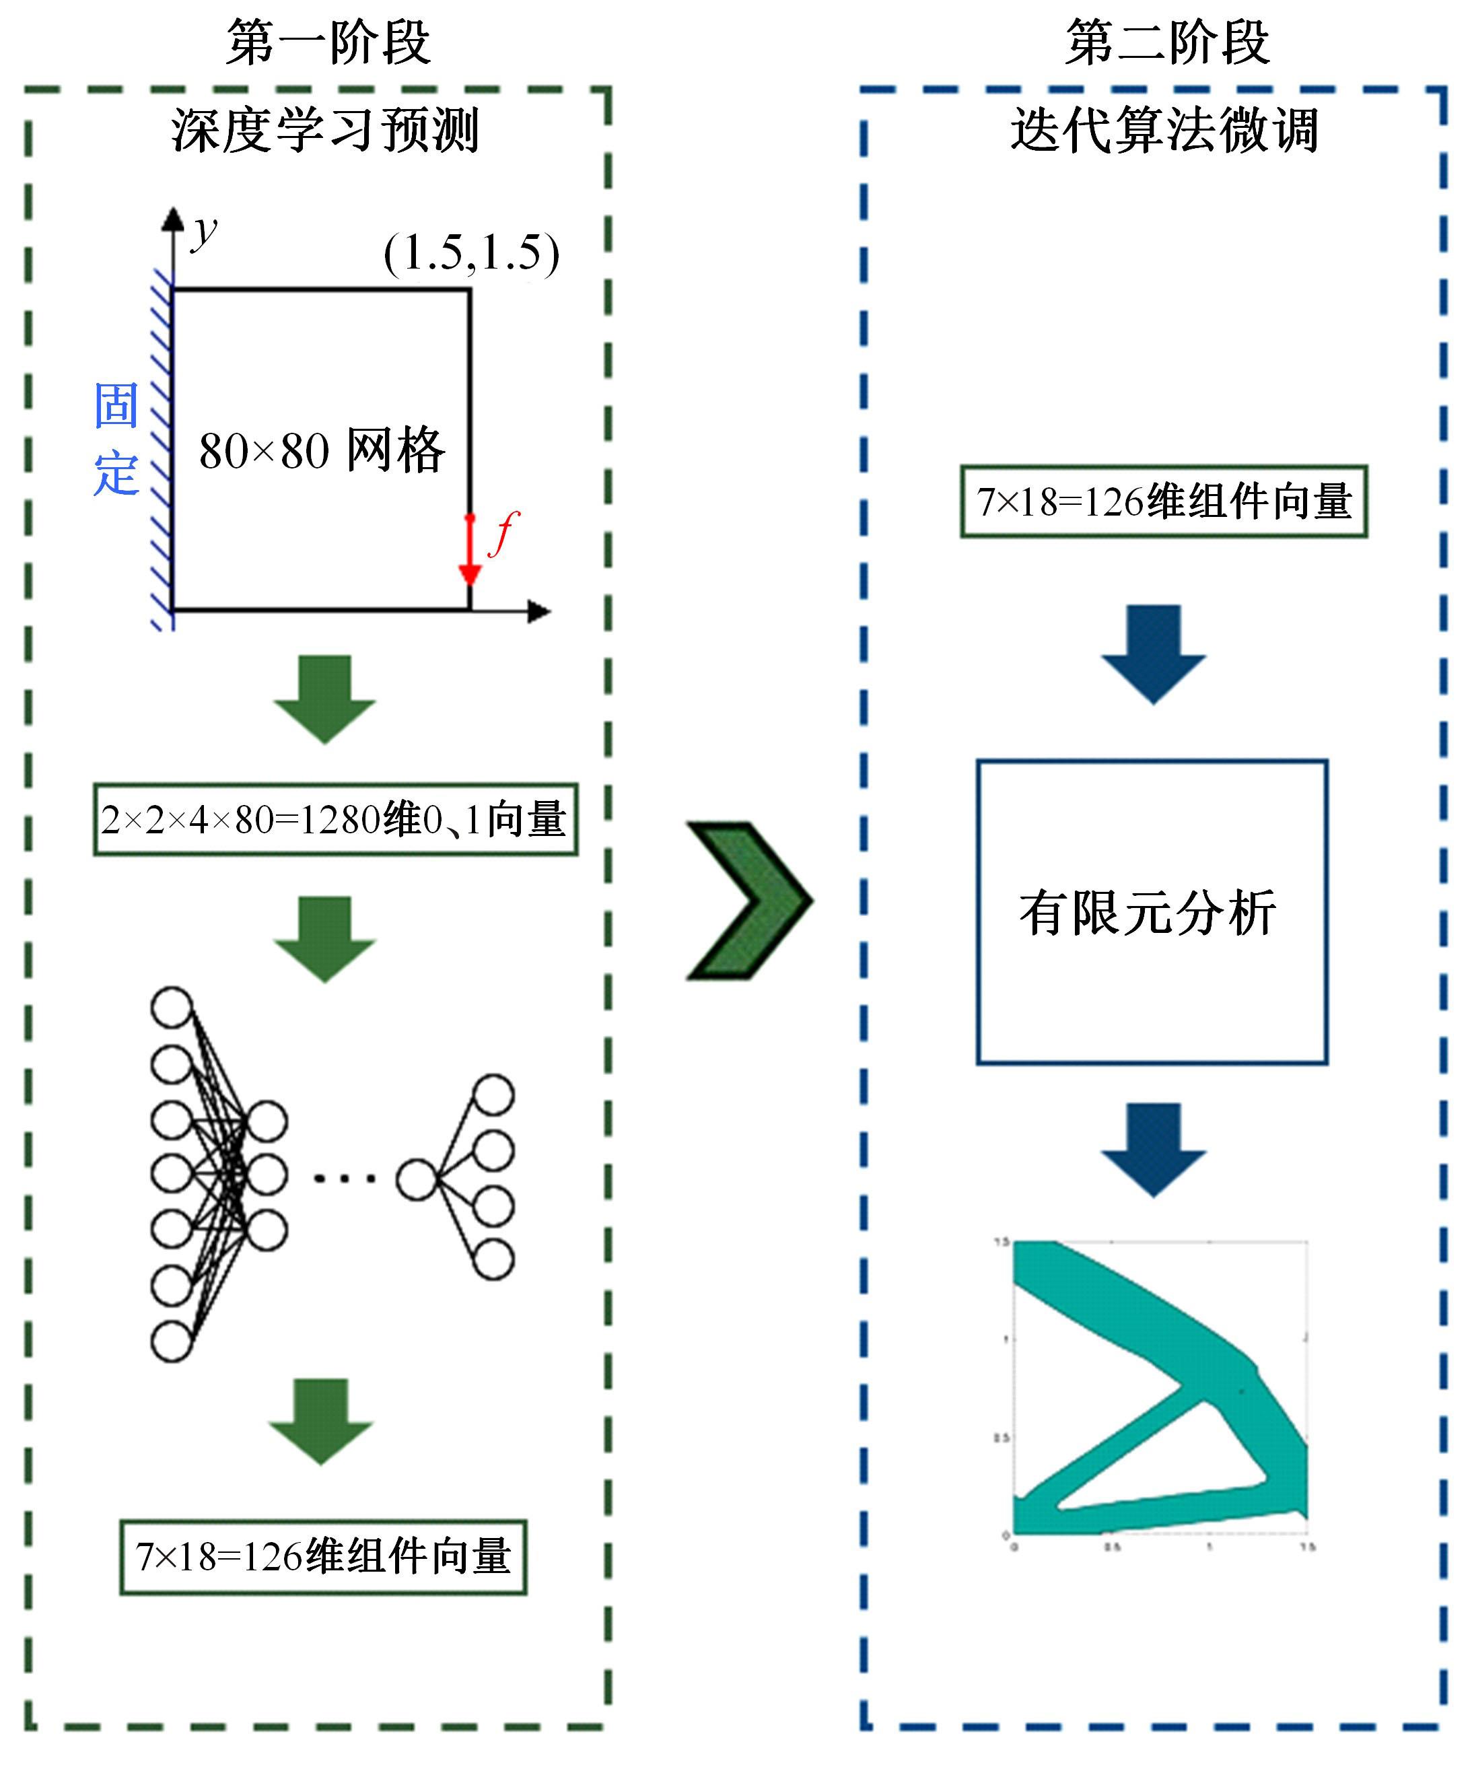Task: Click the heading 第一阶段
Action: point(328,42)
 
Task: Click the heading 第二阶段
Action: point(1167,42)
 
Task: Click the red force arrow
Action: point(470,551)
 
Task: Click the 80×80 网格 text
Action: point(322,450)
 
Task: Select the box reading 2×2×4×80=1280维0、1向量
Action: point(335,819)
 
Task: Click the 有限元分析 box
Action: point(1152,912)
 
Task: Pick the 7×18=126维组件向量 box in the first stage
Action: point(322,1557)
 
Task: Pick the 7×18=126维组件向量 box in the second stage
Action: point(1164,501)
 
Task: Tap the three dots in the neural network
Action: point(345,1177)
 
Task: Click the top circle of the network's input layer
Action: point(172,1007)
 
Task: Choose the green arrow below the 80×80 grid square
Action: point(325,699)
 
